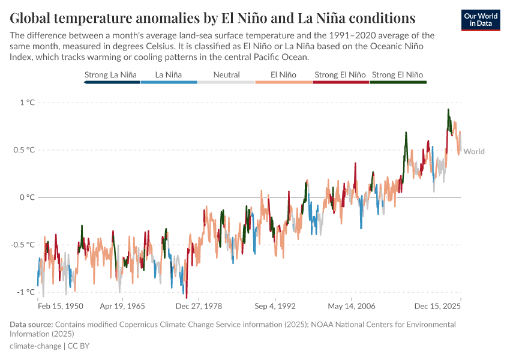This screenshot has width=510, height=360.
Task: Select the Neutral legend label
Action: pos(226,75)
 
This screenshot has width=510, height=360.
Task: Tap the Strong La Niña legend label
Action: pos(111,75)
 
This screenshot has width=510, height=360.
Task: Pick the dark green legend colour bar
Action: pos(398,82)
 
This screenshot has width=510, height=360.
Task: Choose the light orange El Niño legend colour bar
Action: pos(283,82)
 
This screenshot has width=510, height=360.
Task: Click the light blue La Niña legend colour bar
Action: pos(169,82)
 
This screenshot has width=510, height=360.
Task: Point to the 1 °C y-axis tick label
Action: pos(27,103)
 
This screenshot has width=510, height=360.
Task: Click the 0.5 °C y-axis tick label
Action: pos(24,150)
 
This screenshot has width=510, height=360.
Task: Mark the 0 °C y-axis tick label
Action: pos(27,197)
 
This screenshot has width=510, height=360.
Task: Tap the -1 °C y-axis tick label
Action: pos(26,292)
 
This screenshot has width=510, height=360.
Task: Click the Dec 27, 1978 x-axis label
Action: pos(199,306)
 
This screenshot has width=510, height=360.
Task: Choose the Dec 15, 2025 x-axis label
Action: pos(439,306)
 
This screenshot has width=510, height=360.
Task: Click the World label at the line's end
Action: pos(474,152)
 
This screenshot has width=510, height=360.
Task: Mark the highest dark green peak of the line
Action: pos(448,110)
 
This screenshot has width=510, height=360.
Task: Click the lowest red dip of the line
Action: pos(187,297)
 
